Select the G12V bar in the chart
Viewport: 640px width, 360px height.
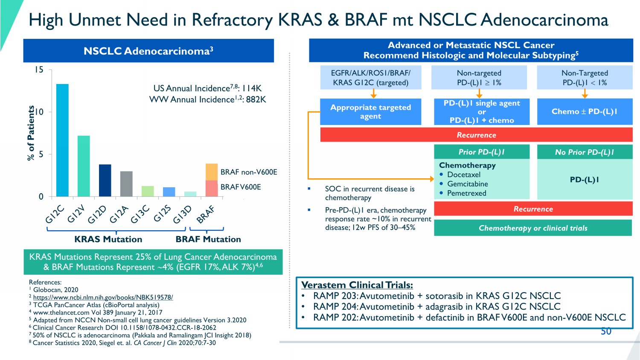pos(84,166)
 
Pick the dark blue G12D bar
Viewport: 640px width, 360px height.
pos(105,180)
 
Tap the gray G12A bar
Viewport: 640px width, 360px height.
pos(126,184)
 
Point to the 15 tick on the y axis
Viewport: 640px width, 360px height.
pos(39,70)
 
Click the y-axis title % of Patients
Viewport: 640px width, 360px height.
pos(31,133)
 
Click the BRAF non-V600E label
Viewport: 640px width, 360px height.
pos(249,172)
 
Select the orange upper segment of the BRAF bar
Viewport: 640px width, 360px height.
pos(212,172)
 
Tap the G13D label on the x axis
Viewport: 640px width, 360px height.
pos(183,214)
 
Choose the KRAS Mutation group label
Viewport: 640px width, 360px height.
pos(108,239)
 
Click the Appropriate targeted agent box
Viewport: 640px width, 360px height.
pos(370,112)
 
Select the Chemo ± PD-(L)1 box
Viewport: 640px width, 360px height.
pos(585,112)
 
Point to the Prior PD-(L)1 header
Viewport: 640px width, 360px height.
pos(482,152)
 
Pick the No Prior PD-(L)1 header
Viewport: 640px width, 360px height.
pos(585,152)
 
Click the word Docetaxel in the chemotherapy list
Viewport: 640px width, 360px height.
pos(464,174)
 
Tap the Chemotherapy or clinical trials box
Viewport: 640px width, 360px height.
pos(533,228)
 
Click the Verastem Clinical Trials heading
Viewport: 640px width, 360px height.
pos(357,285)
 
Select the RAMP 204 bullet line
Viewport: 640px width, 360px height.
pos(436,306)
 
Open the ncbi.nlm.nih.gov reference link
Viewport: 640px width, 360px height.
pos(103,297)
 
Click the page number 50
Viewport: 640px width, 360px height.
pos(606,331)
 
